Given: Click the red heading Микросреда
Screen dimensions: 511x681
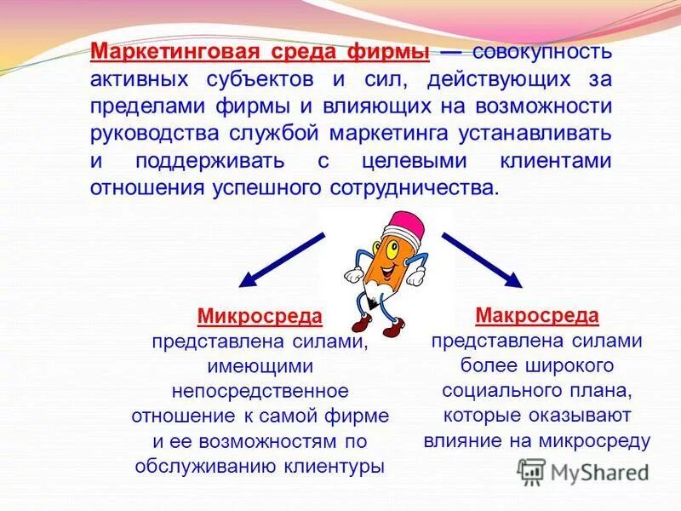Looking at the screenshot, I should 260,317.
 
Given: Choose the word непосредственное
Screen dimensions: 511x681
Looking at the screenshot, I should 260,391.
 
